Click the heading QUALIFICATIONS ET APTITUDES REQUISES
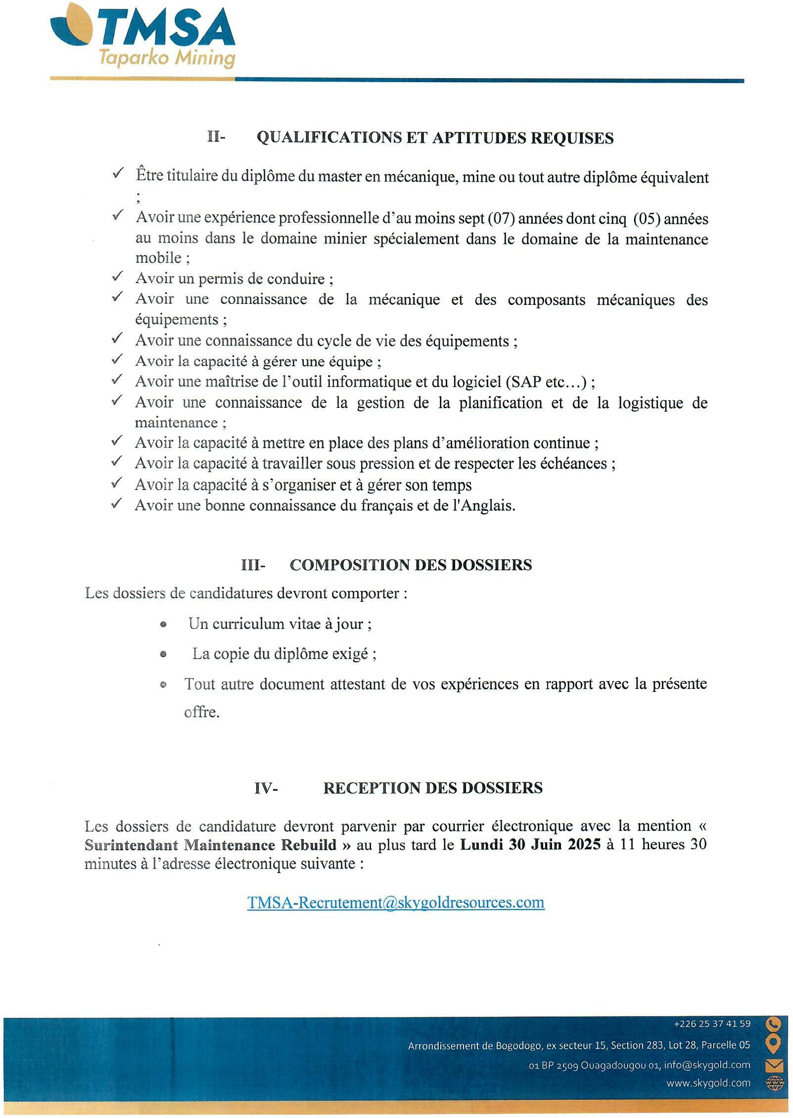coord(435,138)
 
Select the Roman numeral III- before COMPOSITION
coord(253,565)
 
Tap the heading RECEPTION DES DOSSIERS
coord(433,788)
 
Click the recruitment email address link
coord(396,903)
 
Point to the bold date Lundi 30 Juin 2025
coord(530,844)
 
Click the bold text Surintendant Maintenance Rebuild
coord(211,845)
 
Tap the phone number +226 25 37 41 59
coord(712,1023)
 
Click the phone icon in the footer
coord(773,1023)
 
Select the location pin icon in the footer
coord(773,1044)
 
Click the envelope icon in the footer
coord(773,1065)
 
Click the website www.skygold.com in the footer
coord(708,1083)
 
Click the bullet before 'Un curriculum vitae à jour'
coord(164,625)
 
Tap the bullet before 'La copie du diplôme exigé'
coord(164,654)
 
